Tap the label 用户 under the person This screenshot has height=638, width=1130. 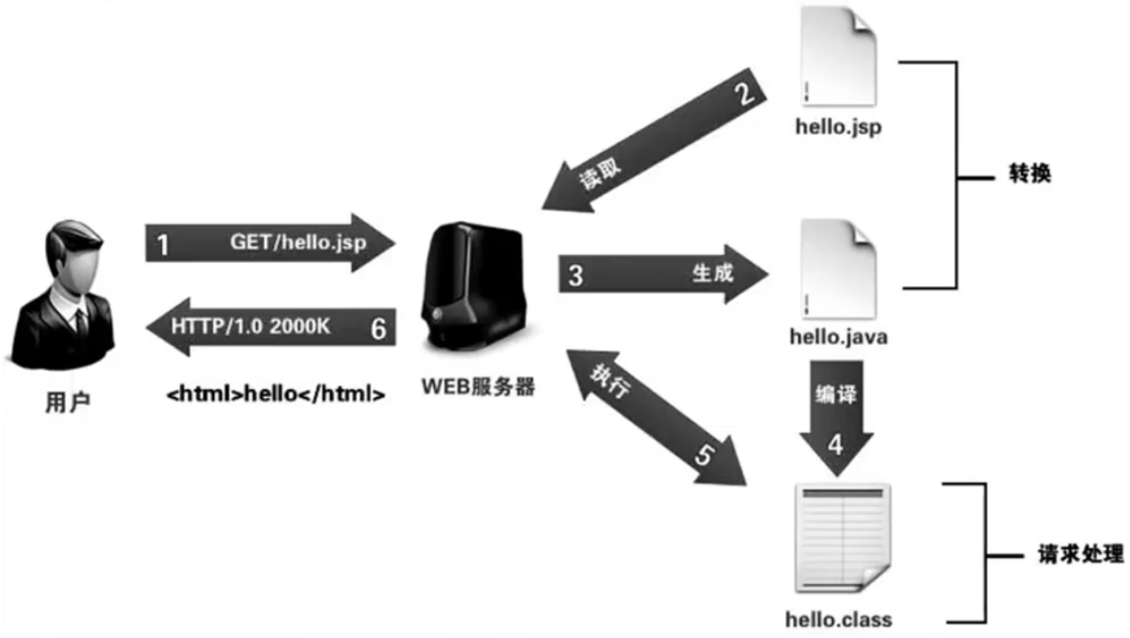(x=68, y=402)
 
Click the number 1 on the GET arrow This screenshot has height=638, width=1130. (x=162, y=245)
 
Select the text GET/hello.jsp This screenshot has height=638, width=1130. (x=299, y=243)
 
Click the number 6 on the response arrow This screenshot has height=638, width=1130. (x=379, y=329)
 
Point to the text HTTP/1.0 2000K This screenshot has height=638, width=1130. (x=250, y=327)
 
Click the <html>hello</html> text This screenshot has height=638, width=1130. (x=276, y=394)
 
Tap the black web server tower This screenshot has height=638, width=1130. (x=472, y=286)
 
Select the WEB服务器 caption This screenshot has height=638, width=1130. (x=478, y=387)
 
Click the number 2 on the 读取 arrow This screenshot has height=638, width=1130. (x=745, y=93)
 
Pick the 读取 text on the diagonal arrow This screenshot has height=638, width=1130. (x=600, y=174)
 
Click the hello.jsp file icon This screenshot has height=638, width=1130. (x=839, y=55)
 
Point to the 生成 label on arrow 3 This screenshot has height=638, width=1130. (x=712, y=274)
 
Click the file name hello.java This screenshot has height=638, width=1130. (x=839, y=336)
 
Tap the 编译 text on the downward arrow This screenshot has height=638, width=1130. (x=836, y=394)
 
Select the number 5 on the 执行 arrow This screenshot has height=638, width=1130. (x=705, y=455)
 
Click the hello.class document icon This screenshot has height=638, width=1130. (x=842, y=538)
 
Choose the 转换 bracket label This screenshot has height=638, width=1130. (x=1030, y=173)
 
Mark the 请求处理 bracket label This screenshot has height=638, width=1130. (x=1081, y=554)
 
